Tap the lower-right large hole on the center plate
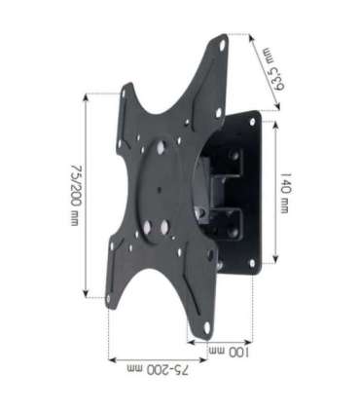[164, 230]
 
